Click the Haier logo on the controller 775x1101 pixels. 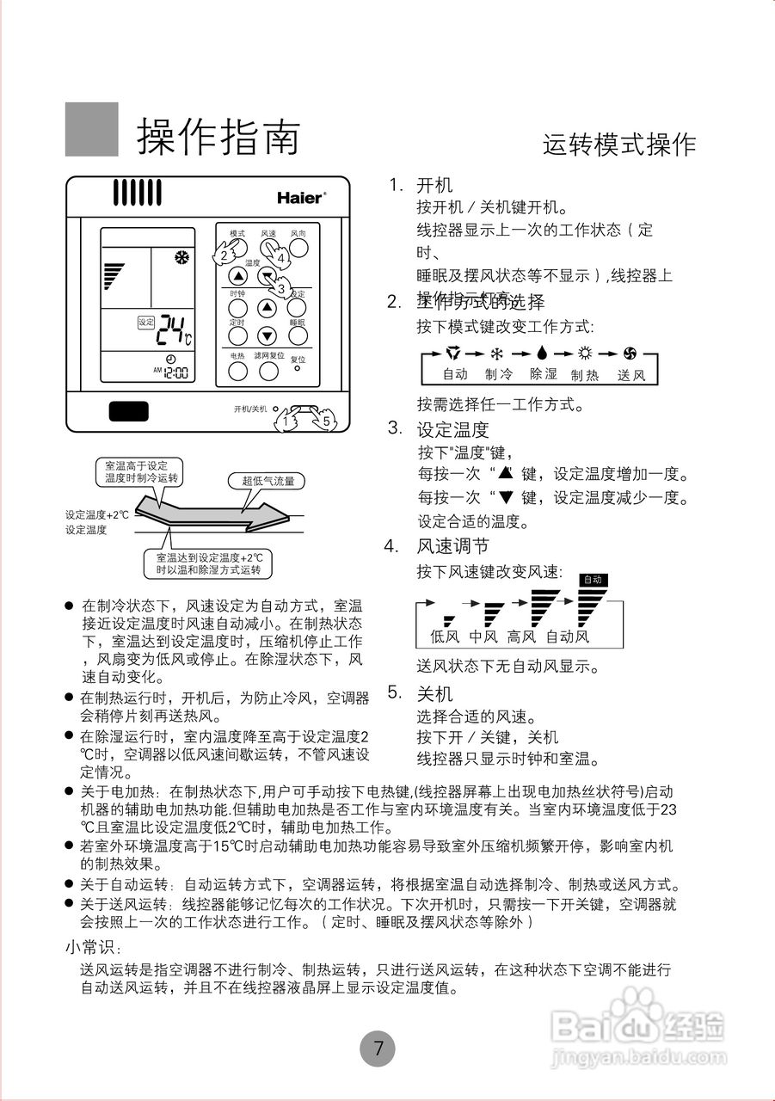pos(301,197)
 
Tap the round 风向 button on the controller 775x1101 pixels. pos(298,248)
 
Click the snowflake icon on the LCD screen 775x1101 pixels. pos(181,256)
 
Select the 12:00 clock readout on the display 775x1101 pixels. pos(175,373)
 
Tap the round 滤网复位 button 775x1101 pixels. pos(269,371)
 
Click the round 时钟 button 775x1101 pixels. pos(238,307)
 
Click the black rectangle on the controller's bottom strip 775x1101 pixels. pos(129,410)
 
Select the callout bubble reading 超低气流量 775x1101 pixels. pos(268,482)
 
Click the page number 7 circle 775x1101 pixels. pos(378,1049)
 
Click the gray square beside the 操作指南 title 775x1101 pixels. pos(92,129)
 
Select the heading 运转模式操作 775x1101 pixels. pos(618,145)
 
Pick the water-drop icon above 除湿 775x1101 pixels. pos(542,353)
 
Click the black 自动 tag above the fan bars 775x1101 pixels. pos(593,580)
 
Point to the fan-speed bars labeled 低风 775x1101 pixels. pos(446,620)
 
